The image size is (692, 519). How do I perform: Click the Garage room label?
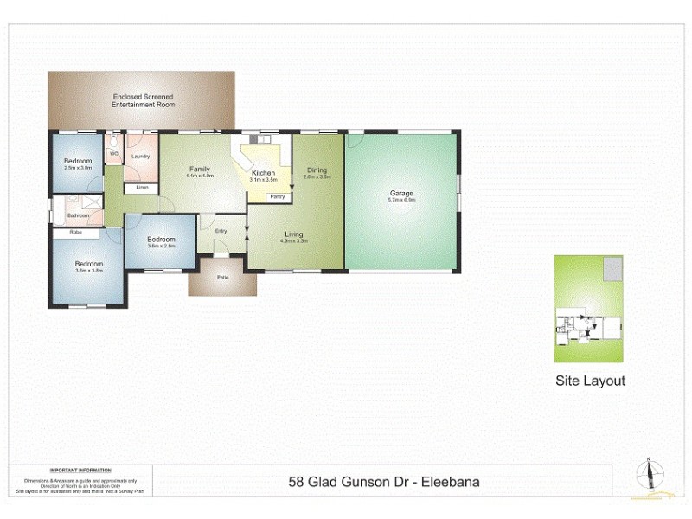[x=401, y=193]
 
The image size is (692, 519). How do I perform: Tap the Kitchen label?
[x=263, y=174]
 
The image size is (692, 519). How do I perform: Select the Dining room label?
[x=317, y=170]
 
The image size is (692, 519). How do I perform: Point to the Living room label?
[x=294, y=234]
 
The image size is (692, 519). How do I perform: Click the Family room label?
[x=199, y=170]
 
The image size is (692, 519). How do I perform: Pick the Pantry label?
[x=278, y=197]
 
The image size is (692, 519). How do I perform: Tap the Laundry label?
[x=141, y=157]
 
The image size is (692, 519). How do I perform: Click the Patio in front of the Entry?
[x=222, y=277]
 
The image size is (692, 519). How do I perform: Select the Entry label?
[x=221, y=230]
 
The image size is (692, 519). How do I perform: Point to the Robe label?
[x=76, y=232]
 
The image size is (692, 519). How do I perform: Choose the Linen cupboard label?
[x=142, y=188]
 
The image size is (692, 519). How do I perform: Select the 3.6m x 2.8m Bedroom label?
[x=161, y=240]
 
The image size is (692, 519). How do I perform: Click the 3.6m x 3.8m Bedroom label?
[x=88, y=265]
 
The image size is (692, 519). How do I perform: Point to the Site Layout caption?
[x=589, y=381]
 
